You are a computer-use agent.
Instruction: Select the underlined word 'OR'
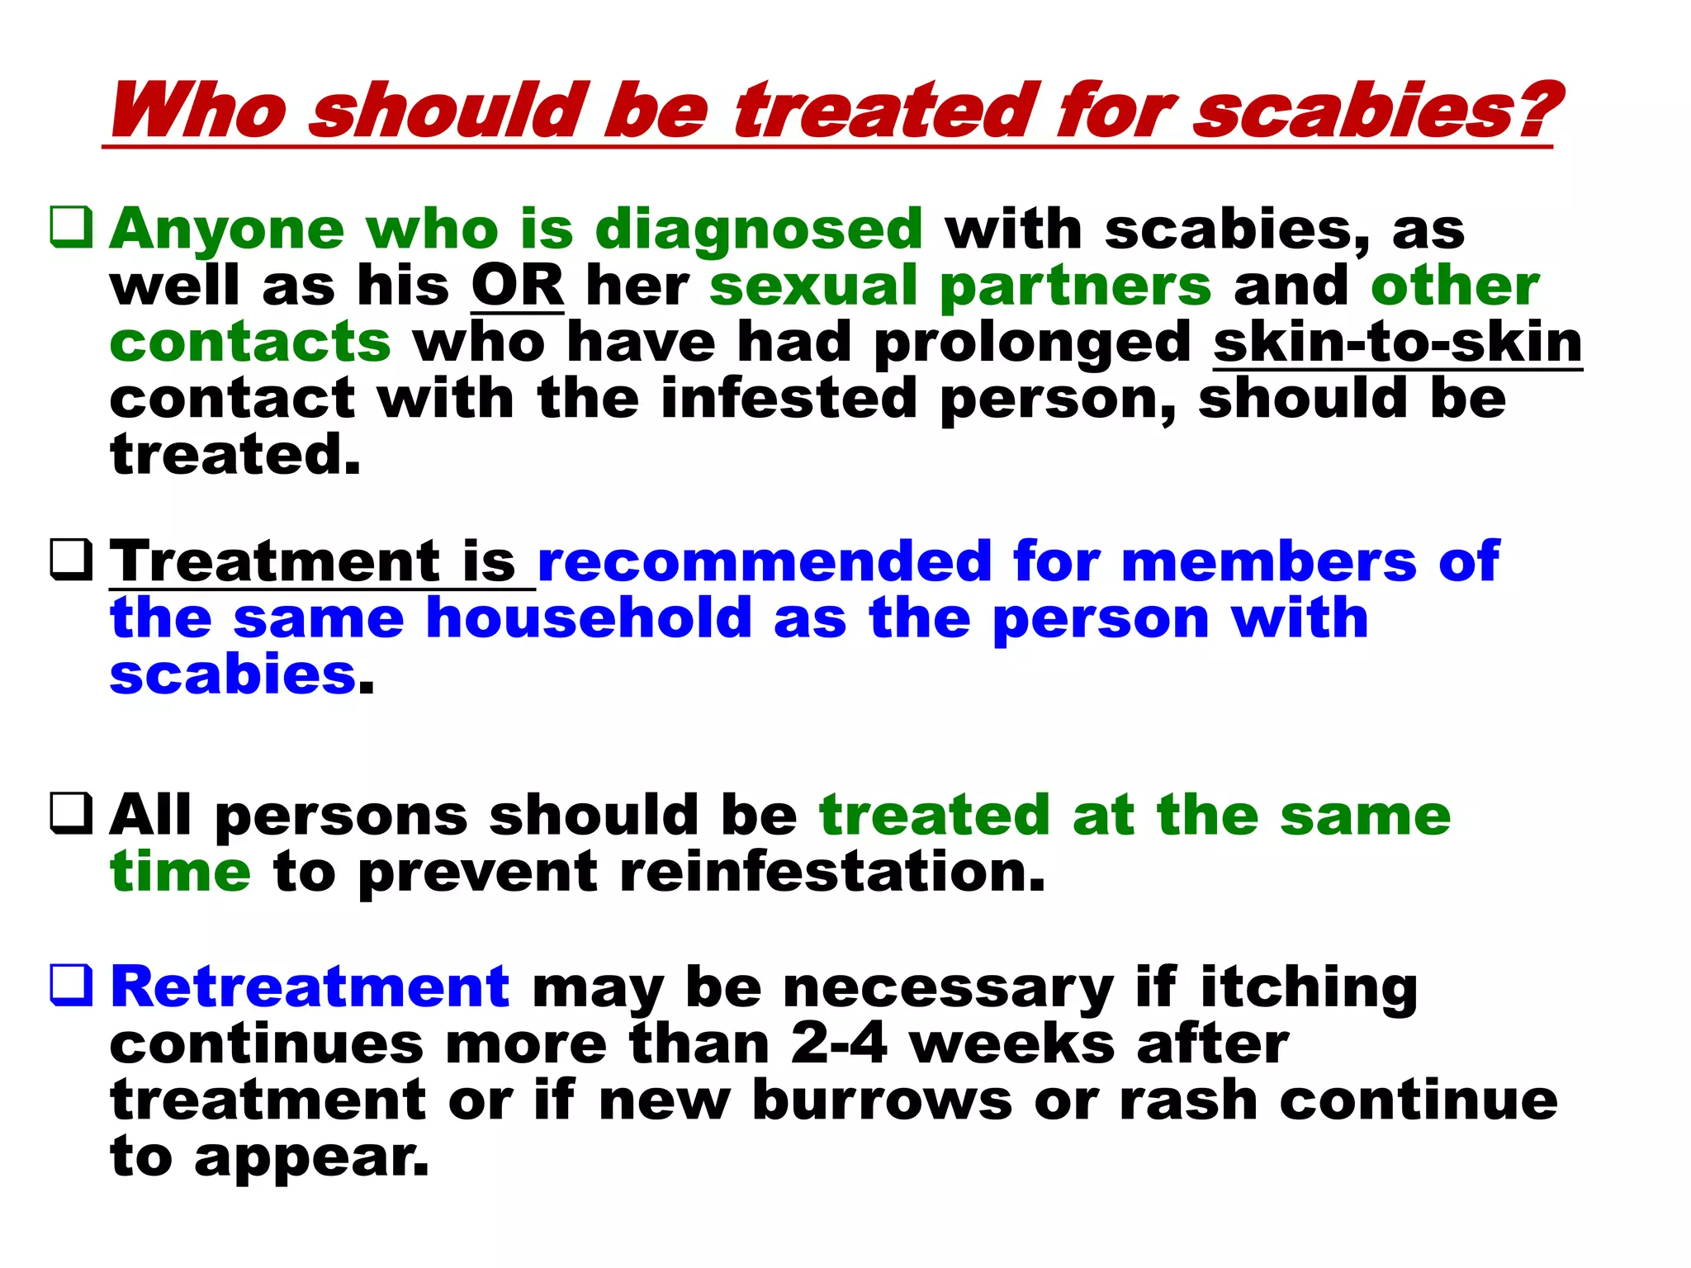click(x=518, y=286)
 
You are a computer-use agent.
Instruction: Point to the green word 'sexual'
click(x=813, y=286)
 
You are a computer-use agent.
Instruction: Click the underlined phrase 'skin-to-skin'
click(x=1397, y=342)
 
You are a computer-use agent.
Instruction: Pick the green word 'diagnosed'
click(x=758, y=229)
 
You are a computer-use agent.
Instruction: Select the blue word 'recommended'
click(x=764, y=561)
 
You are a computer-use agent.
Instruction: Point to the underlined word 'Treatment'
click(x=276, y=561)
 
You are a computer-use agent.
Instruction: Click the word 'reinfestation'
click(x=831, y=872)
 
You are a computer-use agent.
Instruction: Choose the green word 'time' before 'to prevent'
click(x=180, y=872)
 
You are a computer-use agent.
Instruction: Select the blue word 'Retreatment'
click(x=310, y=986)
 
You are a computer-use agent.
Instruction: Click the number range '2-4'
click(x=838, y=1043)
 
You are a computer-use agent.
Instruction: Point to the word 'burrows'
click(x=882, y=1100)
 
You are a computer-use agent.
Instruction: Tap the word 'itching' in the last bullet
click(x=1309, y=988)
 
